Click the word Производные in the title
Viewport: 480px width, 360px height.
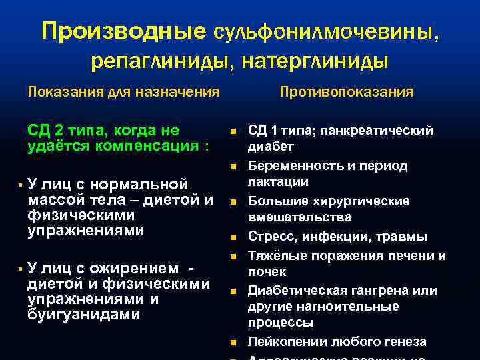pyautogui.click(x=124, y=31)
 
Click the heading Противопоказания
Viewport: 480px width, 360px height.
pyautogui.click(x=346, y=91)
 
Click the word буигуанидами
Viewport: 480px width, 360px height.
pyautogui.click(x=84, y=315)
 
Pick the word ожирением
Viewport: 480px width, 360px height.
pyautogui.click(x=137, y=269)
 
